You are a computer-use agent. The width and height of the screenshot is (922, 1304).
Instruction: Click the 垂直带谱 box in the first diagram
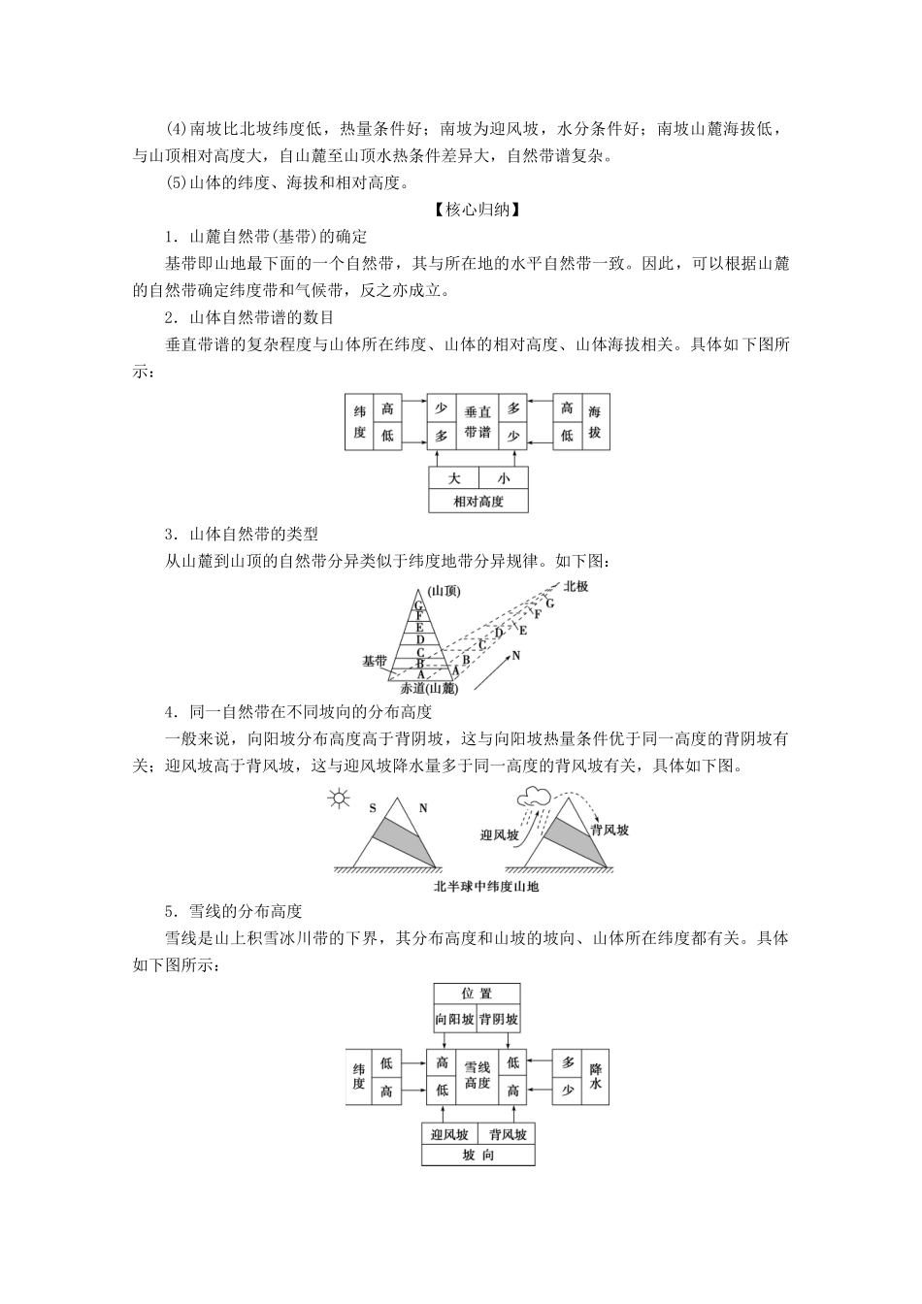coord(477,421)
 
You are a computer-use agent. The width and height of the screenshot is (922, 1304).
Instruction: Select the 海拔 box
coord(595,421)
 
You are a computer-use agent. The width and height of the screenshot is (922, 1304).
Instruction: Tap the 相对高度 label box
coord(478,501)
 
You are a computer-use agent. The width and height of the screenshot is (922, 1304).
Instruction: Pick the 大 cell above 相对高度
coord(454,477)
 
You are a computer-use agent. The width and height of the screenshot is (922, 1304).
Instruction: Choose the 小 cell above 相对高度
coord(503,477)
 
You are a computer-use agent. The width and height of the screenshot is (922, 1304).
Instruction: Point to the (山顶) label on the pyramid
coord(443,591)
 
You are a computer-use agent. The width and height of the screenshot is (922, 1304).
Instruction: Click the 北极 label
coord(576,586)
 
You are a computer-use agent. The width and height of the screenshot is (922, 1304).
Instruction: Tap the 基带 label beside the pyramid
coord(375,661)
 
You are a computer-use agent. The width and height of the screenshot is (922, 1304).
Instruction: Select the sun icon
coord(338,799)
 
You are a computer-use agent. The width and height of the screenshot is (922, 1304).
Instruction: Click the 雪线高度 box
coord(477,1075)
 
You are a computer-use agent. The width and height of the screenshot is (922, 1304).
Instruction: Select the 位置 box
coord(477,994)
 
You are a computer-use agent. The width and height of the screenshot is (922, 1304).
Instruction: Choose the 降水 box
coord(595,1076)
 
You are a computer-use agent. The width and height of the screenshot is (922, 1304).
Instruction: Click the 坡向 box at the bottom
coord(478,1155)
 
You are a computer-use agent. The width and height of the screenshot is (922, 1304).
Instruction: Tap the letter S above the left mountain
coord(372,807)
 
